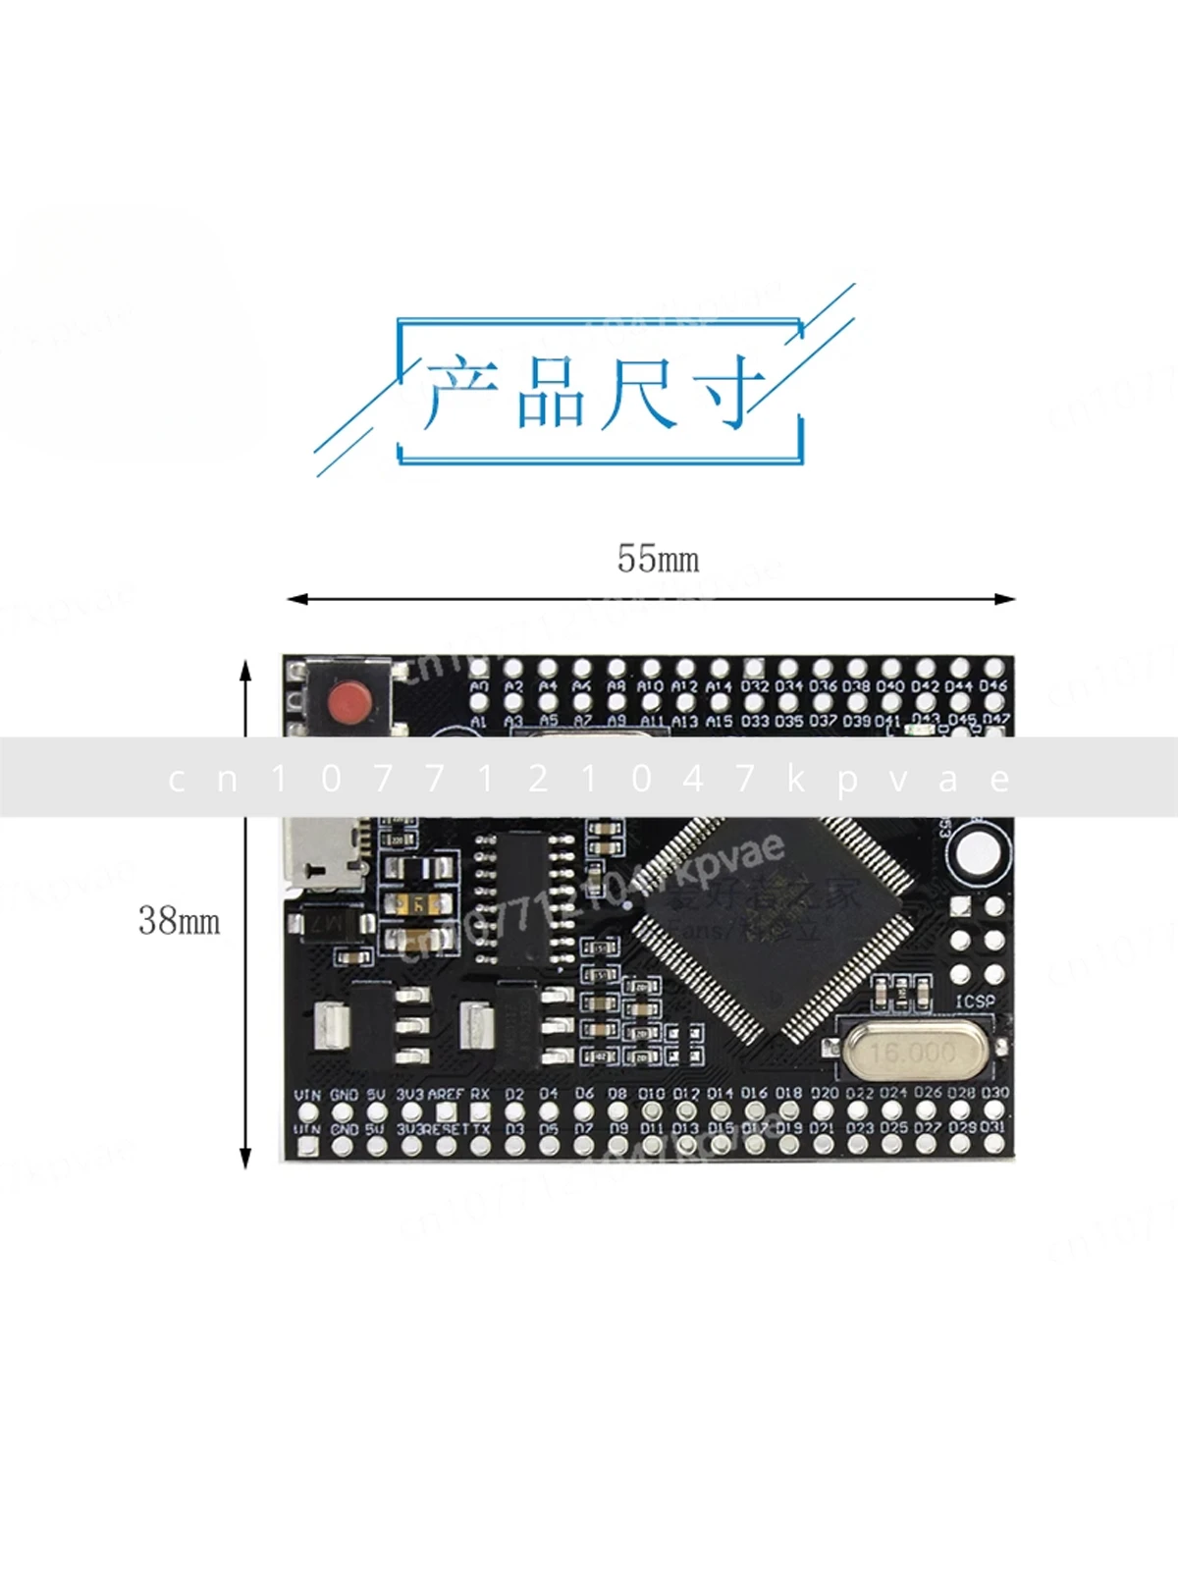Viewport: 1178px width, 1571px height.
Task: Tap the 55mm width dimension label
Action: click(658, 559)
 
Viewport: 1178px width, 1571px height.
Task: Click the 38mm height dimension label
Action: click(179, 921)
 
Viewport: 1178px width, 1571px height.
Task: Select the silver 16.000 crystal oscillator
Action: click(912, 1053)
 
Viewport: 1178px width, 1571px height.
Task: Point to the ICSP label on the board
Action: click(975, 1002)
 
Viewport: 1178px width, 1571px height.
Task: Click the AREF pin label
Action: click(446, 1094)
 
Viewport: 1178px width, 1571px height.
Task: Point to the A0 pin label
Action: click(479, 687)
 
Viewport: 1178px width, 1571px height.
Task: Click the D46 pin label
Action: click(992, 686)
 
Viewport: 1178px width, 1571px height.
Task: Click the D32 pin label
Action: click(754, 687)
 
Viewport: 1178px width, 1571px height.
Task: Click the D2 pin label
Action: click(514, 1094)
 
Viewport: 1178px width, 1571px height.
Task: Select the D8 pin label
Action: click(616, 1093)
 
